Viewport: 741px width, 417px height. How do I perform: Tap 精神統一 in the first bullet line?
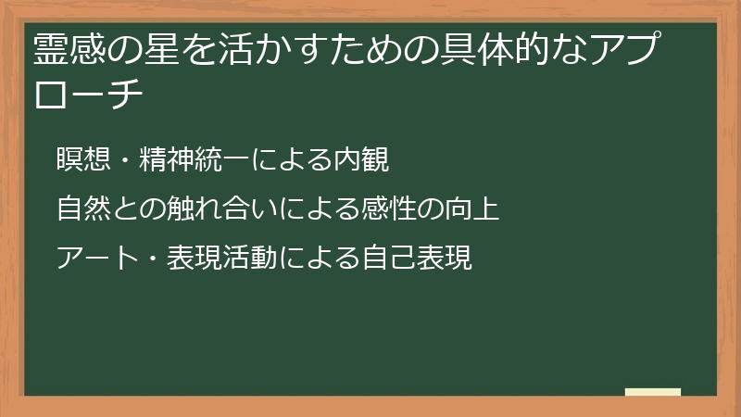(195, 160)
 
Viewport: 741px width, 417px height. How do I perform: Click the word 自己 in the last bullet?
(389, 257)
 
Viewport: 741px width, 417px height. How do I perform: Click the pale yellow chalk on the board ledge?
(653, 392)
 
